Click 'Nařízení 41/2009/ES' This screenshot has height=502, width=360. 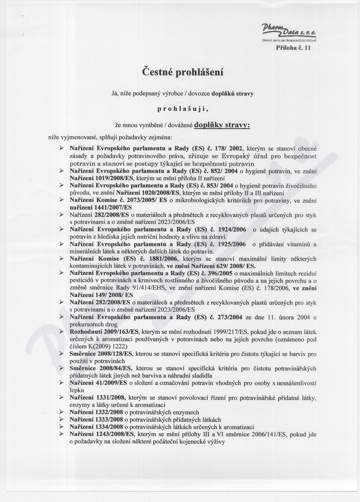click(x=98, y=383)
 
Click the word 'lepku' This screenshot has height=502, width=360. click(x=77, y=391)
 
